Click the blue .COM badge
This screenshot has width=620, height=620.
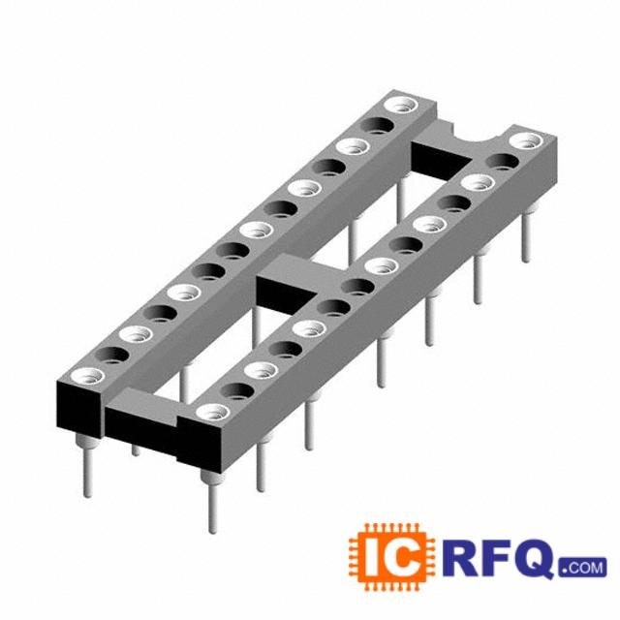[583, 567]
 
